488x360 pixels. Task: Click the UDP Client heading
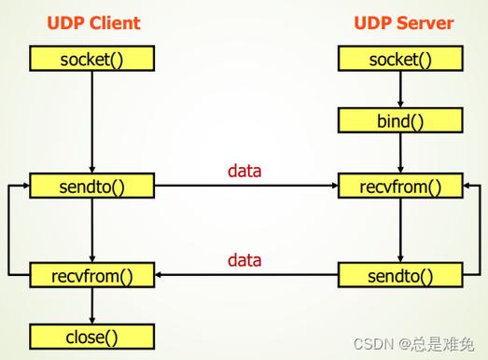(91, 22)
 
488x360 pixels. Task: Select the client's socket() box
(91, 60)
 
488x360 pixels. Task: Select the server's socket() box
(400, 60)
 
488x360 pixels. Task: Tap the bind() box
(400, 120)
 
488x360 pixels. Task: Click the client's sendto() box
(91, 186)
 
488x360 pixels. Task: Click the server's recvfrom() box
(400, 186)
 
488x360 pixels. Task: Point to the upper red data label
(244, 171)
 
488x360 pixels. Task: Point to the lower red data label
(244, 260)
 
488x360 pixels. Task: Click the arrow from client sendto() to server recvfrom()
(244, 187)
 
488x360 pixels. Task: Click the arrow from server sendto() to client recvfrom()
(244, 275)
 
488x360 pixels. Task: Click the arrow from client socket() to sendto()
(91, 121)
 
